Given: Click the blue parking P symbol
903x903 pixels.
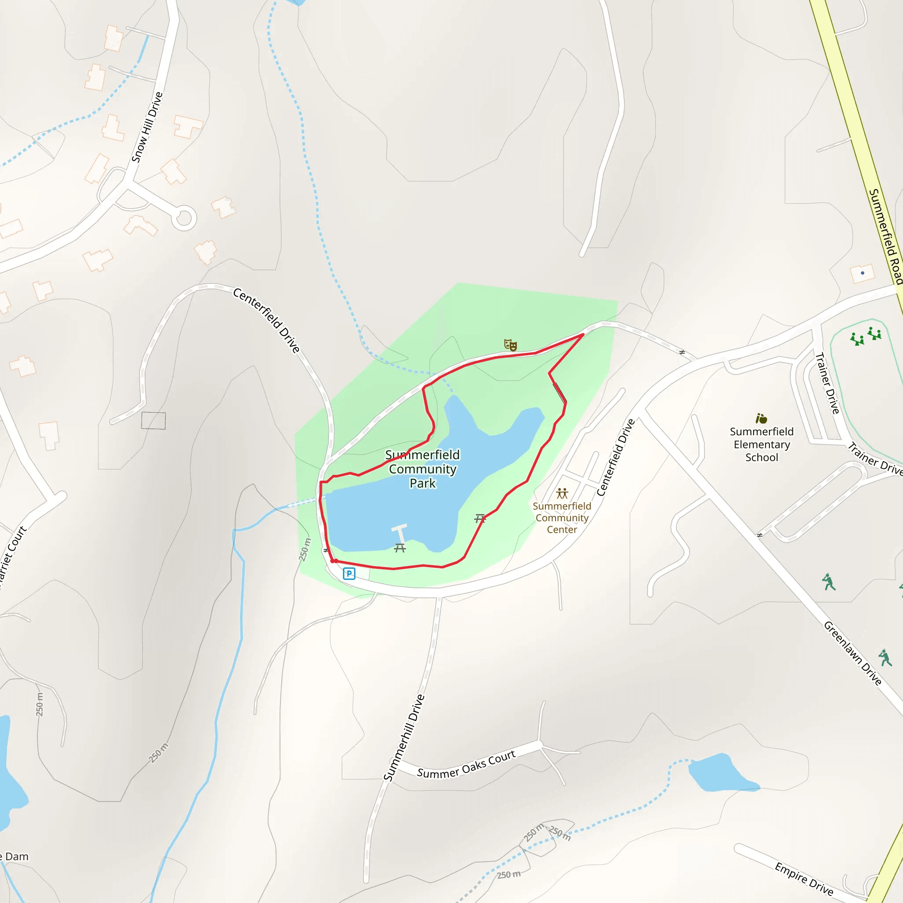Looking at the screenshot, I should pyautogui.click(x=349, y=574).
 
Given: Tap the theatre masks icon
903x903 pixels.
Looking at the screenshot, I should pyautogui.click(x=510, y=345).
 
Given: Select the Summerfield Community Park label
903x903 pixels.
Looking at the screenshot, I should pyautogui.click(x=422, y=469).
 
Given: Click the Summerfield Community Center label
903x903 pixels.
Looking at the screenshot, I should pyautogui.click(x=562, y=518).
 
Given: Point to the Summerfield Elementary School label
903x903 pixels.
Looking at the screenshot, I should pyautogui.click(x=761, y=444).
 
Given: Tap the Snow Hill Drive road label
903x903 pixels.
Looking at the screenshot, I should pyautogui.click(x=147, y=127).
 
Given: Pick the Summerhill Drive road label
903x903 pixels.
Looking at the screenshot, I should pyautogui.click(x=404, y=738).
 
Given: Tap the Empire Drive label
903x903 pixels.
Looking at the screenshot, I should pyautogui.click(x=804, y=879).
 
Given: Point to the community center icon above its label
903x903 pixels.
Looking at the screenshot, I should pyautogui.click(x=562, y=493).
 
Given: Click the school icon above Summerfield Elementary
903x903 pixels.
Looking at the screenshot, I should pyautogui.click(x=761, y=418).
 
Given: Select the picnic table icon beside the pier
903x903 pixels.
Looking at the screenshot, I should pyautogui.click(x=399, y=548).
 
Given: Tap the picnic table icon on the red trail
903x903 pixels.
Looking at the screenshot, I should pyautogui.click(x=480, y=519).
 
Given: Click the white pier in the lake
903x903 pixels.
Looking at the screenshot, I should pyautogui.click(x=400, y=533).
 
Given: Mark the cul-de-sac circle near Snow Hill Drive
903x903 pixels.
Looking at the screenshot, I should pyautogui.click(x=184, y=218).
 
